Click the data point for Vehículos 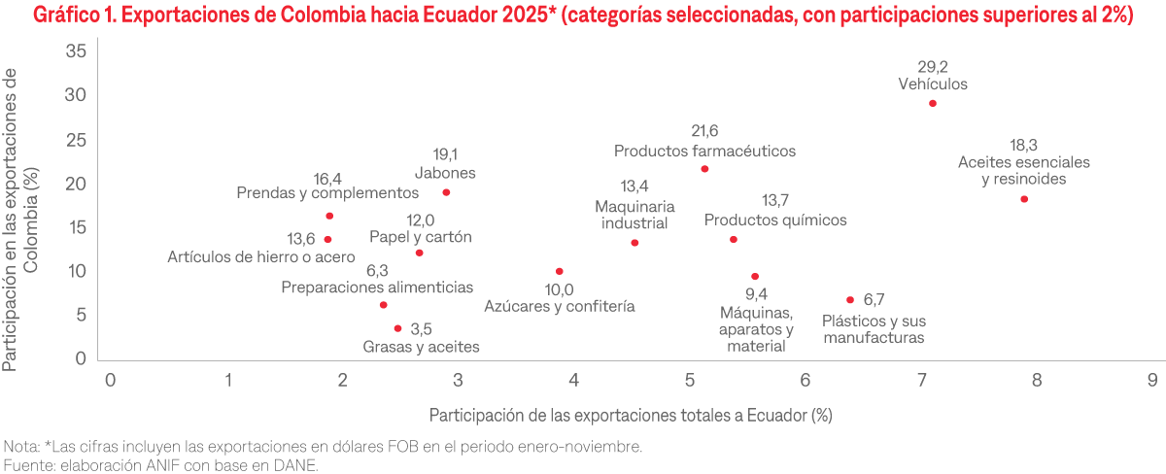932,103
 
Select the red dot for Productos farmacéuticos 704,169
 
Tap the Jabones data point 446,192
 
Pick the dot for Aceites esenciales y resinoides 1024,199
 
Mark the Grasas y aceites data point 397,328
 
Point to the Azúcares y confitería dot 559,271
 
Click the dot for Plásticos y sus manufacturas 850,300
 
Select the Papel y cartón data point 419,253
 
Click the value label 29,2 933,67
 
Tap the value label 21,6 704,131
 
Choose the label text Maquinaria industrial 634,215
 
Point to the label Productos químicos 775,220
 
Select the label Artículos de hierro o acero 248,258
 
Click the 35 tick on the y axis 76,51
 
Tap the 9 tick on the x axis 1152,380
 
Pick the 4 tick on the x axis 574,380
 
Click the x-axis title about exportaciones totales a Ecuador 632,415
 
